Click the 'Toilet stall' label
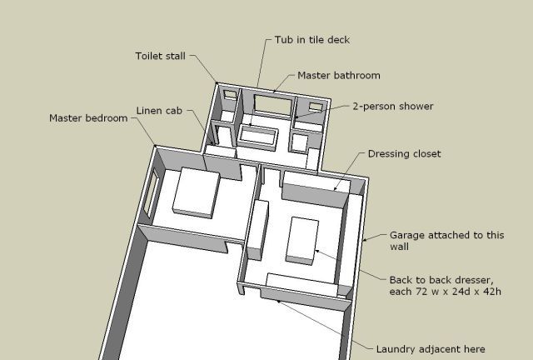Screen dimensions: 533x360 point(161,56)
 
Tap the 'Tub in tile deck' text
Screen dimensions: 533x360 point(312,40)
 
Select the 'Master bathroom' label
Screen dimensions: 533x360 point(339,75)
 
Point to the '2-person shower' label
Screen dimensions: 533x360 point(393,107)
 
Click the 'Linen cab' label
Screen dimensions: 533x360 point(159,111)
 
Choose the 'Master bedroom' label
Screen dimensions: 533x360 point(88,118)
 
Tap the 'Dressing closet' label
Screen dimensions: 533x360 point(404,154)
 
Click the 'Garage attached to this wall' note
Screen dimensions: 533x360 point(446,241)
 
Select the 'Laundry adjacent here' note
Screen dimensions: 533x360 point(431,349)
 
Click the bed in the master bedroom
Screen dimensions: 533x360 point(197,192)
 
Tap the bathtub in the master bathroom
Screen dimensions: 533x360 point(258,137)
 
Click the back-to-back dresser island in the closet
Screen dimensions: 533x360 point(301,241)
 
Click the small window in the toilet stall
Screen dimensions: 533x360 point(230,94)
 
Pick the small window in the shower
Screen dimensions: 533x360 point(316,107)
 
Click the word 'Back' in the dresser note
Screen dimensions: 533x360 point(401,280)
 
